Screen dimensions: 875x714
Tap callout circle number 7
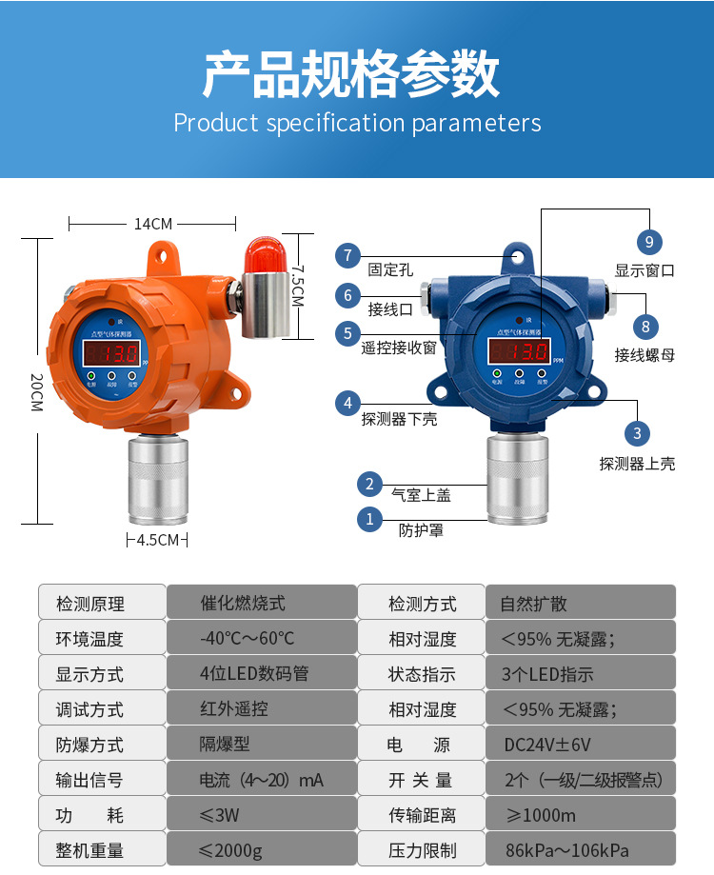pyautogui.click(x=347, y=255)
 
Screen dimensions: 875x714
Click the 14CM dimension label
pyautogui.click(x=153, y=224)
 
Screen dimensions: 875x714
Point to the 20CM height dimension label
pyautogui.click(x=36, y=391)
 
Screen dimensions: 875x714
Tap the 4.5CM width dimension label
pyautogui.click(x=158, y=540)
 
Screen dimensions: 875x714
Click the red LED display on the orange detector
pyautogui.click(x=112, y=354)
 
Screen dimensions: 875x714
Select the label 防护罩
pyautogui.click(x=421, y=530)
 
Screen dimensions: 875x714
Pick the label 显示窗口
pyautogui.click(x=645, y=270)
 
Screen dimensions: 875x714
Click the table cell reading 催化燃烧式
pyautogui.click(x=243, y=604)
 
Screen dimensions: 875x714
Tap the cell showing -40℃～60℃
pyautogui.click(x=247, y=639)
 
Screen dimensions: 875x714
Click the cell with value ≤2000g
pyautogui.click(x=230, y=850)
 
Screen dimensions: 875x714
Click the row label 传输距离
pyautogui.click(x=422, y=815)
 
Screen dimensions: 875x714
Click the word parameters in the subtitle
pyautogui.click(x=476, y=124)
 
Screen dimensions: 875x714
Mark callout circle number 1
pyautogui.click(x=369, y=520)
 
